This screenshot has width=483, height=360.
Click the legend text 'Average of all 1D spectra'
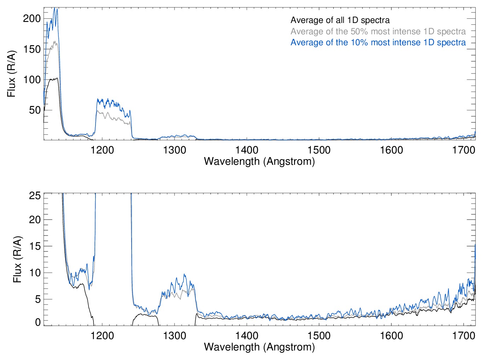click(340, 20)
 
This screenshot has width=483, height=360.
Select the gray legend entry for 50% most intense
click(378, 31)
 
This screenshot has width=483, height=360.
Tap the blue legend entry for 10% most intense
click(378, 42)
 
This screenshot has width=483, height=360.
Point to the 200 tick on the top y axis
click(32, 19)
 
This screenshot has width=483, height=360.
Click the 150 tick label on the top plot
click(32, 49)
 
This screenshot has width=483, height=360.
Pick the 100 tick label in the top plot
click(32, 80)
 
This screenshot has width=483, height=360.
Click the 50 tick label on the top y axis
click(35, 110)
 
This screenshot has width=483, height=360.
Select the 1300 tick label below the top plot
click(174, 150)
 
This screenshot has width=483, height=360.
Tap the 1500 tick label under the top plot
click(319, 150)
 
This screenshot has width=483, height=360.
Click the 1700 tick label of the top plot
click(464, 150)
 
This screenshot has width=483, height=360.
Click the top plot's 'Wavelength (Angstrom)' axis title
click(259, 162)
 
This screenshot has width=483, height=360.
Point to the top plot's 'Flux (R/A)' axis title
click(11, 74)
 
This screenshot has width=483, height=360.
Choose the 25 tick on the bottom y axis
click(35, 196)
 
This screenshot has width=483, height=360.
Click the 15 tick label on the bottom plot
click(35, 246)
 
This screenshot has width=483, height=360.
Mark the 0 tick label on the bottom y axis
click(38, 322)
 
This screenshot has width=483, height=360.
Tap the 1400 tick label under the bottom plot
click(247, 335)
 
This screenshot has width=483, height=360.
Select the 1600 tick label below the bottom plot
click(391, 335)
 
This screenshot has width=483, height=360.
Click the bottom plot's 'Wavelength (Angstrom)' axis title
click(259, 347)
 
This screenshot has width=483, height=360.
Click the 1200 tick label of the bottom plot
click(102, 335)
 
